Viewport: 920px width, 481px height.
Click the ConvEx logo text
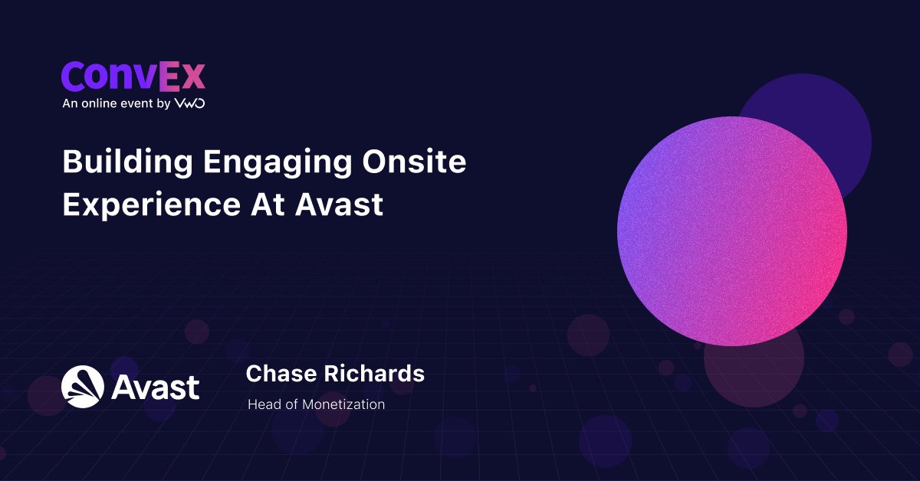pos(133,77)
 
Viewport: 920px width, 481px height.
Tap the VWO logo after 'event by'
pos(190,103)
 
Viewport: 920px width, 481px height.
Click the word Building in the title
pos(128,162)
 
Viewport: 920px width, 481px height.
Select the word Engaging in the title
pos(278,162)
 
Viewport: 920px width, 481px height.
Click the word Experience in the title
pos(152,205)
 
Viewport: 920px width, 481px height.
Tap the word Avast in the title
pos(339,205)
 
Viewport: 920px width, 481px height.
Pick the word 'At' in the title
pos(268,205)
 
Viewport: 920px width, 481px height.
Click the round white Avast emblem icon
pos(83,387)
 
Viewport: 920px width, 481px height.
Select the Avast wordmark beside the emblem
pos(155,387)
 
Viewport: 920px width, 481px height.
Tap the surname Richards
pos(374,374)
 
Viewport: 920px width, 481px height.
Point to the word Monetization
pos(343,404)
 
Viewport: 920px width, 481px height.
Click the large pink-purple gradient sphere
pos(732,231)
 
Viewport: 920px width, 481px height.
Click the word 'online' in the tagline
pos(99,103)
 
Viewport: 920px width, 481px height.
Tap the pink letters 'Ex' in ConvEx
pos(182,77)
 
